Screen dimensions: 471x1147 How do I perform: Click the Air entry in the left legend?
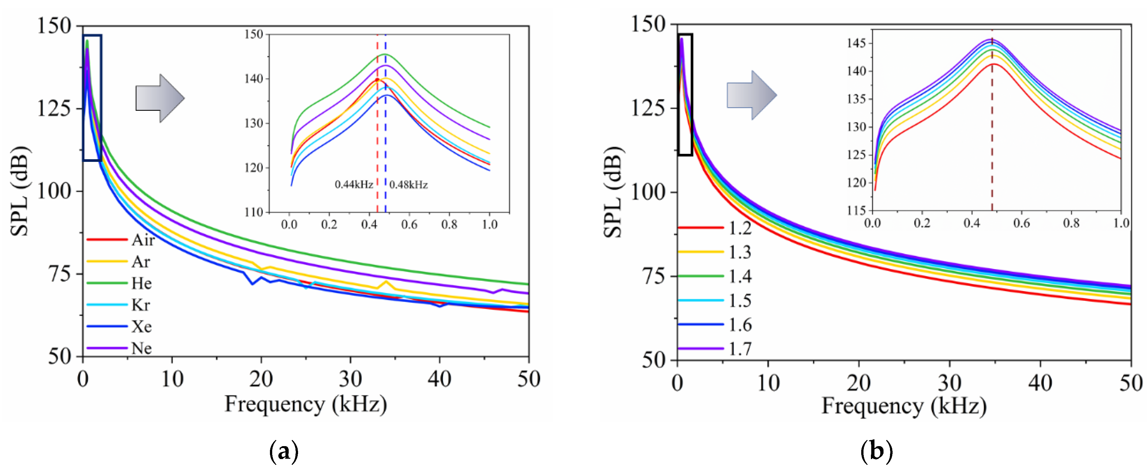[x=143, y=240]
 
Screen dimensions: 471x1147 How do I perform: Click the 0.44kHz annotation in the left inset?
[x=354, y=184]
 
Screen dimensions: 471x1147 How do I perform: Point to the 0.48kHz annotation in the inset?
[x=409, y=184]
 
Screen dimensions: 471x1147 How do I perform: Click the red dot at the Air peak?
[x=377, y=79]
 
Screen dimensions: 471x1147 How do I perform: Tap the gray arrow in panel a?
[x=160, y=98]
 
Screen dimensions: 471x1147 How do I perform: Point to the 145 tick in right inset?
[x=856, y=43]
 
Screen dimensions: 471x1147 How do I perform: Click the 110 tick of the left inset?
[x=254, y=212]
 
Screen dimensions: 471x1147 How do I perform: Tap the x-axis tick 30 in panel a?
[x=350, y=379]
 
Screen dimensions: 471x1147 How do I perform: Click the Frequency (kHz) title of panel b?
[x=904, y=406]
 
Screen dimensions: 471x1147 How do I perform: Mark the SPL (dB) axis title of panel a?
[x=20, y=191]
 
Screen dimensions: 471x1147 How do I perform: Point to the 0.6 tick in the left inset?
[x=409, y=224]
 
